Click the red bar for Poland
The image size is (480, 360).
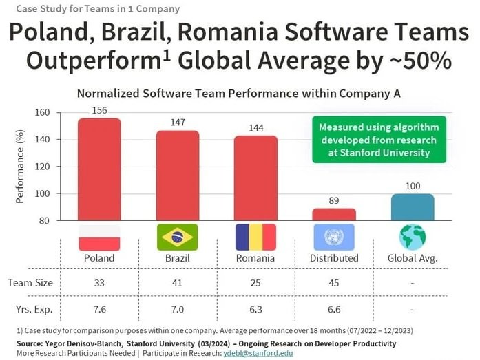[x=99, y=169]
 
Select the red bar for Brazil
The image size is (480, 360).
[x=178, y=175]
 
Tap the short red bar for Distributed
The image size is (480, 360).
[x=334, y=214]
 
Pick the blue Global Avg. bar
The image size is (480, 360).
[x=413, y=207]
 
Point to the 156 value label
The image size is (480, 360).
[x=99, y=111]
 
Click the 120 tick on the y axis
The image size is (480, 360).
[x=43, y=167]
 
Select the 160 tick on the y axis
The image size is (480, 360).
[x=43, y=112]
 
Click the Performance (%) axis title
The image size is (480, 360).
[x=20, y=167]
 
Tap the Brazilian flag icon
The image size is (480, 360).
[x=178, y=237]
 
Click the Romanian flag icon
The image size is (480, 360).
[x=255, y=237]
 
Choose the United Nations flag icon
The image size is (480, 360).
[x=334, y=237]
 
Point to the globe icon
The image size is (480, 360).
[x=413, y=237]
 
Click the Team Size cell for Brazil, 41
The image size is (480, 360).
[x=178, y=283]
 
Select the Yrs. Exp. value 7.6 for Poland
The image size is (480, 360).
[x=99, y=309]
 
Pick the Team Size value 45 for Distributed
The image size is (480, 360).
[x=334, y=283]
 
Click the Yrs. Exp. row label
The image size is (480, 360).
[x=30, y=309]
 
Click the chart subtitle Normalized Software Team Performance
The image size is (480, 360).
[x=238, y=94]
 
